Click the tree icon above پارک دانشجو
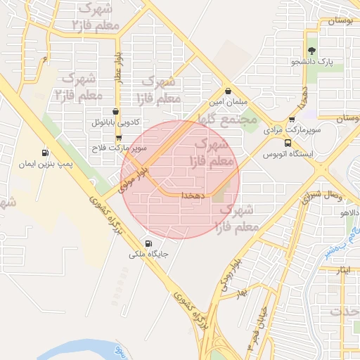[x=311, y=50]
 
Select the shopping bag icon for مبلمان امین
[x=229, y=91]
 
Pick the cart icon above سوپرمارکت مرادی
[x=292, y=119]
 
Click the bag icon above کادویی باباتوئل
[x=116, y=111]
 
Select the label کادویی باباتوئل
[x=113, y=122]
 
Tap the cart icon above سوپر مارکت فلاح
[x=119, y=137]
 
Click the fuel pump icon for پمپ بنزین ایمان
[x=46, y=152]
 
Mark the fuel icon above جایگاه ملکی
[x=147, y=243]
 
